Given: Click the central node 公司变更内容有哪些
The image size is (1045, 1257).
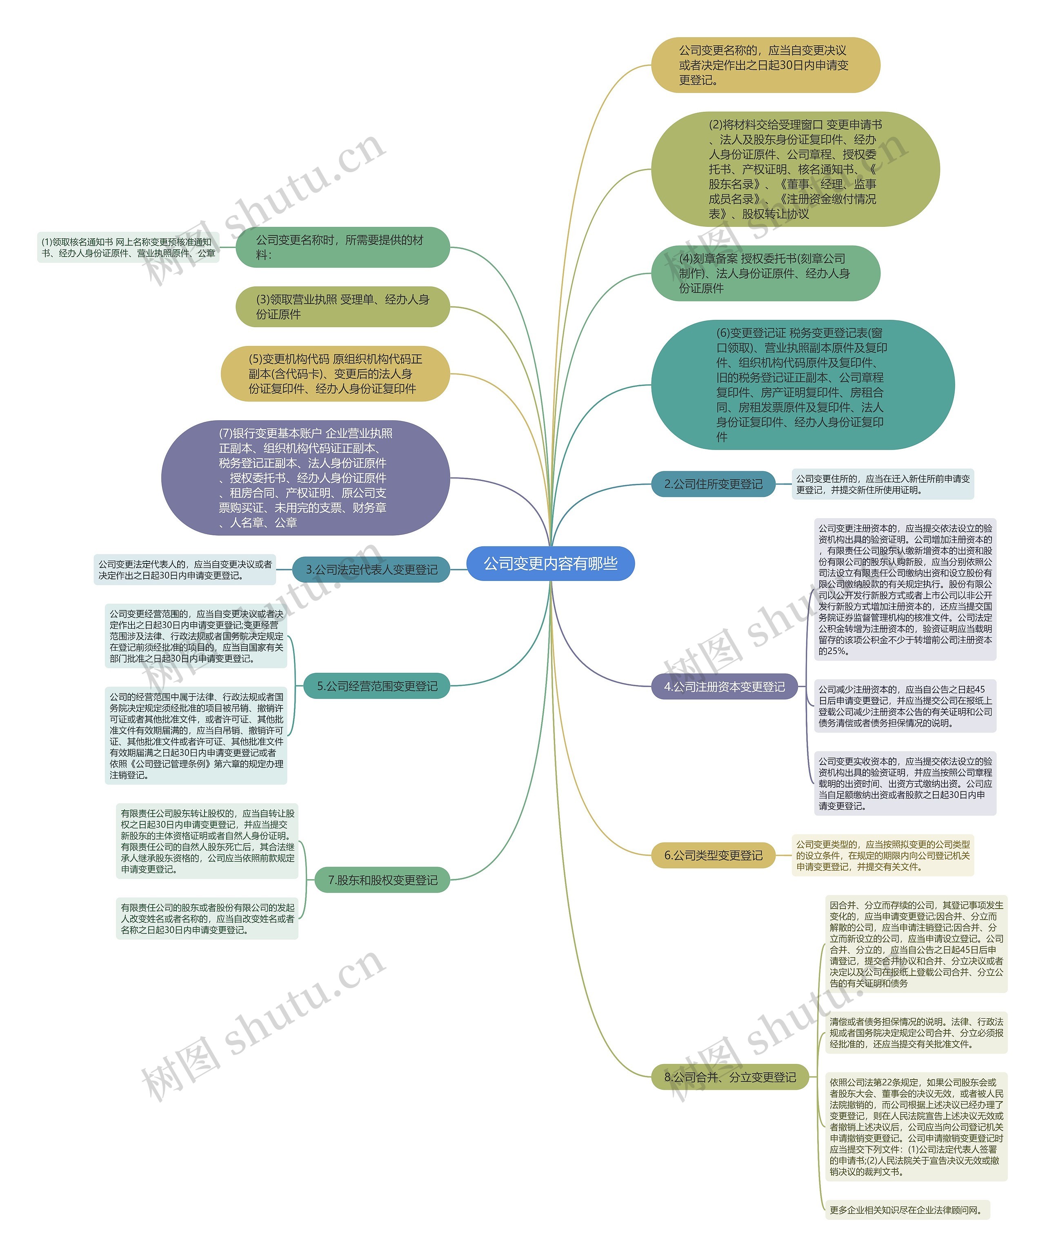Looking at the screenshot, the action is coord(550,563).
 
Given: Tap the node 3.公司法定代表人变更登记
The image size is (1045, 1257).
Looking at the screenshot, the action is coord(371,569).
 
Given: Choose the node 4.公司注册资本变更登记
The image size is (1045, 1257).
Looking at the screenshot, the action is coord(724,687).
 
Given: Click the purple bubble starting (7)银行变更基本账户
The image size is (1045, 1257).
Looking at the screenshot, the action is coord(305,478).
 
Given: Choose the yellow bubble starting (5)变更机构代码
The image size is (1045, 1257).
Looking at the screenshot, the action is coord(336,373).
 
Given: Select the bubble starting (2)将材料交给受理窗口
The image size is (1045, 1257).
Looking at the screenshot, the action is coord(795,169).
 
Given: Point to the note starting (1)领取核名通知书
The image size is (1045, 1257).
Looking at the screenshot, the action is coord(127,247).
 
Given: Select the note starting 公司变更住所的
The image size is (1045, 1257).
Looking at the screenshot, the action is coord(882,483).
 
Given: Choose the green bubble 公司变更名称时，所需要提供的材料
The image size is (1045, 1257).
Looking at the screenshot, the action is coord(342,246).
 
